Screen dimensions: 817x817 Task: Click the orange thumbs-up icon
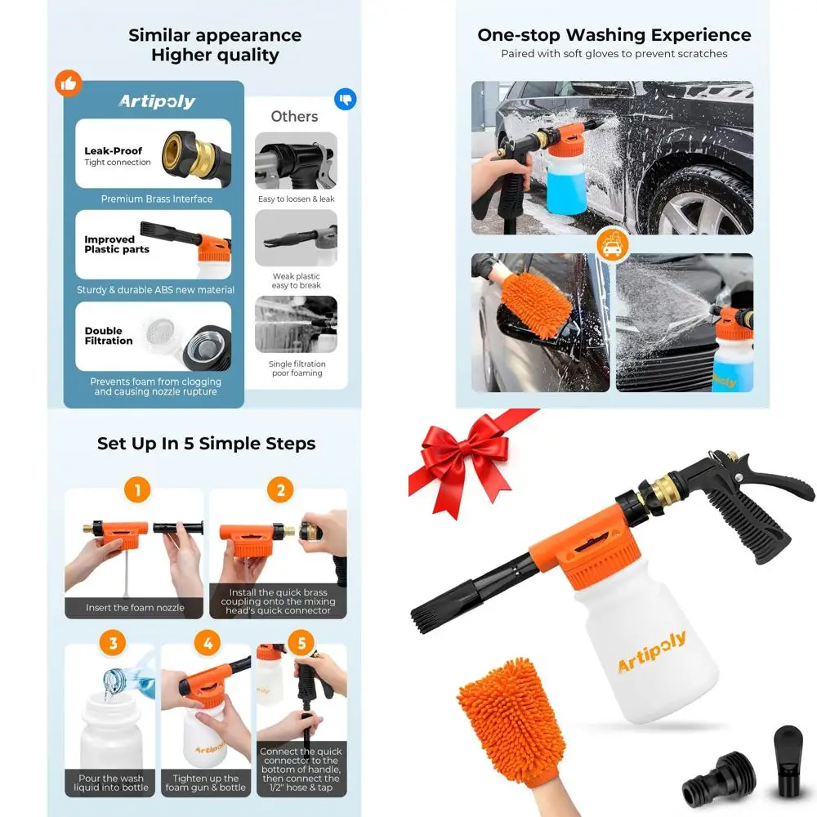pyautogui.click(x=69, y=83)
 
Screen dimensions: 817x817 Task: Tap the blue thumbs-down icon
pyautogui.click(x=345, y=100)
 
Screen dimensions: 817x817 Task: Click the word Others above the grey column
pyautogui.click(x=294, y=116)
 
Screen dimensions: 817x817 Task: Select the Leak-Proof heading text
pyautogui.click(x=113, y=151)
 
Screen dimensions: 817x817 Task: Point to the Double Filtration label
pyautogui.click(x=108, y=336)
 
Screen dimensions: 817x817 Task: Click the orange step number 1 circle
pyautogui.click(x=137, y=490)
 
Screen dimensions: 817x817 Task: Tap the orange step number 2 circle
pyautogui.click(x=280, y=490)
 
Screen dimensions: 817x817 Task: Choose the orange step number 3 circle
pyautogui.click(x=113, y=643)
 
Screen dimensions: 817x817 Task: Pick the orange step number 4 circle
pyautogui.click(x=208, y=643)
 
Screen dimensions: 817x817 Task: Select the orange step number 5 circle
pyautogui.click(x=301, y=643)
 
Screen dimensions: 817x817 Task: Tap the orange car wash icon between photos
pyautogui.click(x=612, y=244)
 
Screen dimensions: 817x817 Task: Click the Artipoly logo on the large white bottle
pyautogui.click(x=651, y=652)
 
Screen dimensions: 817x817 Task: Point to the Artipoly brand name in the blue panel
pyautogui.click(x=157, y=101)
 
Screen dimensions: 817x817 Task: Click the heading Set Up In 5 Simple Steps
pyautogui.click(x=206, y=444)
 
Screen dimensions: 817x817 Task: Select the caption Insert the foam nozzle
pyautogui.click(x=135, y=608)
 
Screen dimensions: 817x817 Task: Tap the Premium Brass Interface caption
pyautogui.click(x=156, y=199)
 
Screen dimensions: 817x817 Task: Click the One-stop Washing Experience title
pyautogui.click(x=614, y=35)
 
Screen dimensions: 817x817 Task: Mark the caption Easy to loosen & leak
pyautogui.click(x=296, y=199)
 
